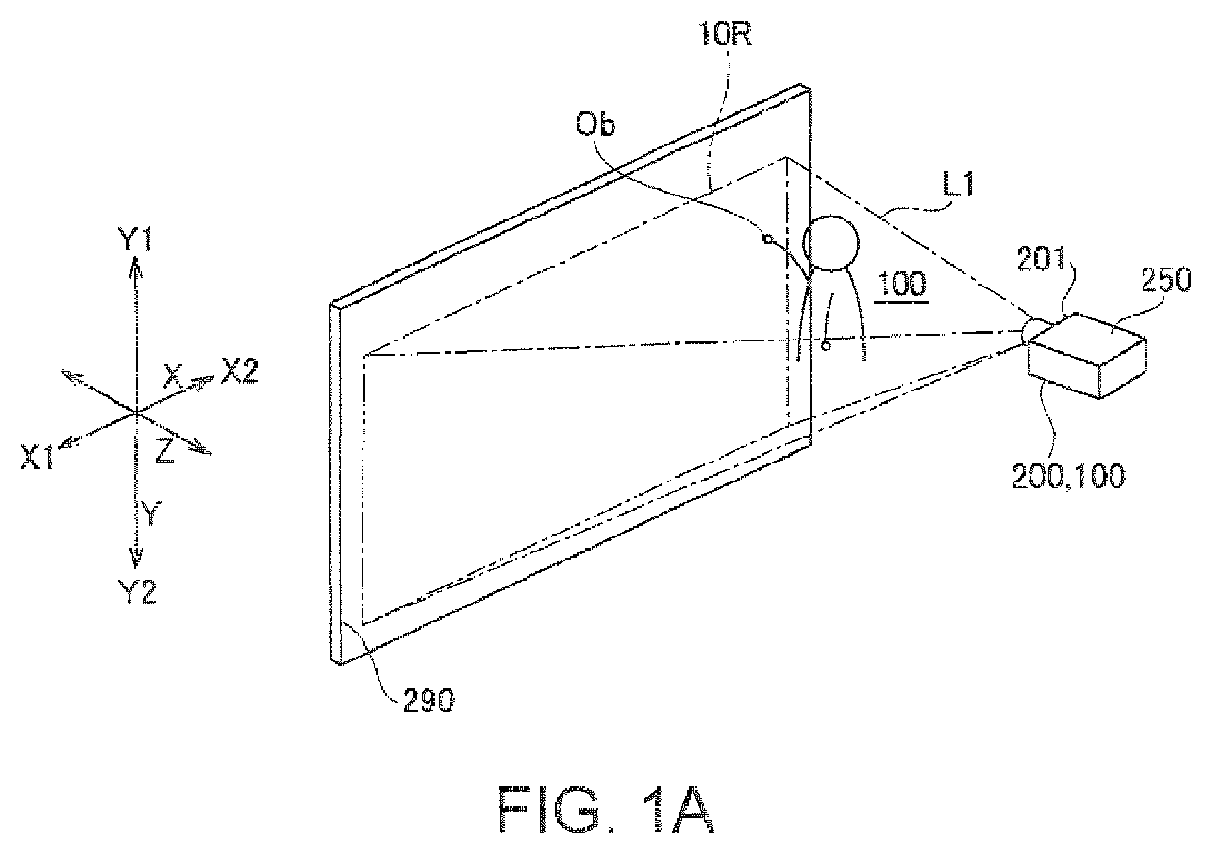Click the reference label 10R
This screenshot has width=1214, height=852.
pyautogui.click(x=724, y=35)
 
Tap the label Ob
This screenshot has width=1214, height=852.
pyautogui.click(x=595, y=124)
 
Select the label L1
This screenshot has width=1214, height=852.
pyautogui.click(x=958, y=184)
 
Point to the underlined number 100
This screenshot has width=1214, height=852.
pyautogui.click(x=902, y=284)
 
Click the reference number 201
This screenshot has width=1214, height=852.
pyautogui.click(x=1041, y=259)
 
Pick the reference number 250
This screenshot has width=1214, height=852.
pyautogui.click(x=1166, y=280)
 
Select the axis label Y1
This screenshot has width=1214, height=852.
pyautogui.click(x=135, y=239)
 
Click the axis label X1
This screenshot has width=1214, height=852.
pyautogui.click(x=37, y=456)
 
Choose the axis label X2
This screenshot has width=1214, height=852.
pyautogui.click(x=240, y=371)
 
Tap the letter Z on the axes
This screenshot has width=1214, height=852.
pyautogui.click(x=165, y=451)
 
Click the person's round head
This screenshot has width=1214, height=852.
pyautogui.click(x=831, y=244)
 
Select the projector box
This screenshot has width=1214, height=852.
pyautogui.click(x=1087, y=355)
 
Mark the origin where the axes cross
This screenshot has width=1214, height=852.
pyautogui.click(x=136, y=414)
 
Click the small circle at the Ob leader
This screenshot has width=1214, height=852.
pyautogui.click(x=767, y=238)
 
